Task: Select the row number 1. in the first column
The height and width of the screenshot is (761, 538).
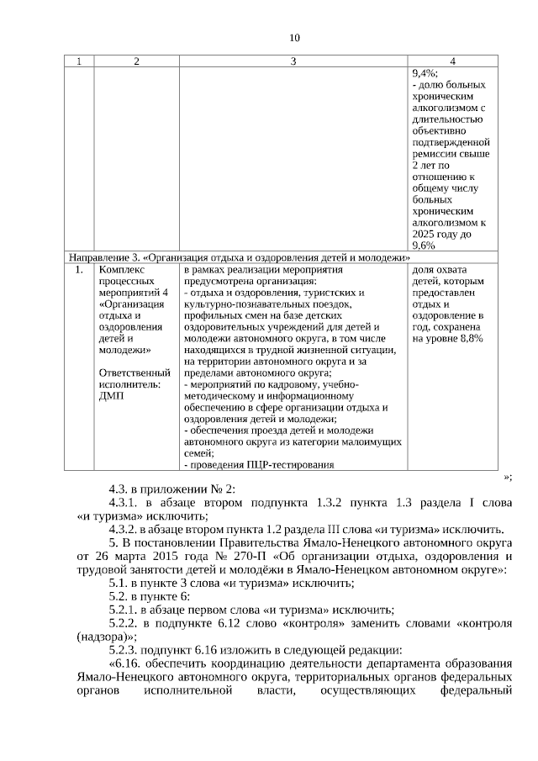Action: coord(79,271)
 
